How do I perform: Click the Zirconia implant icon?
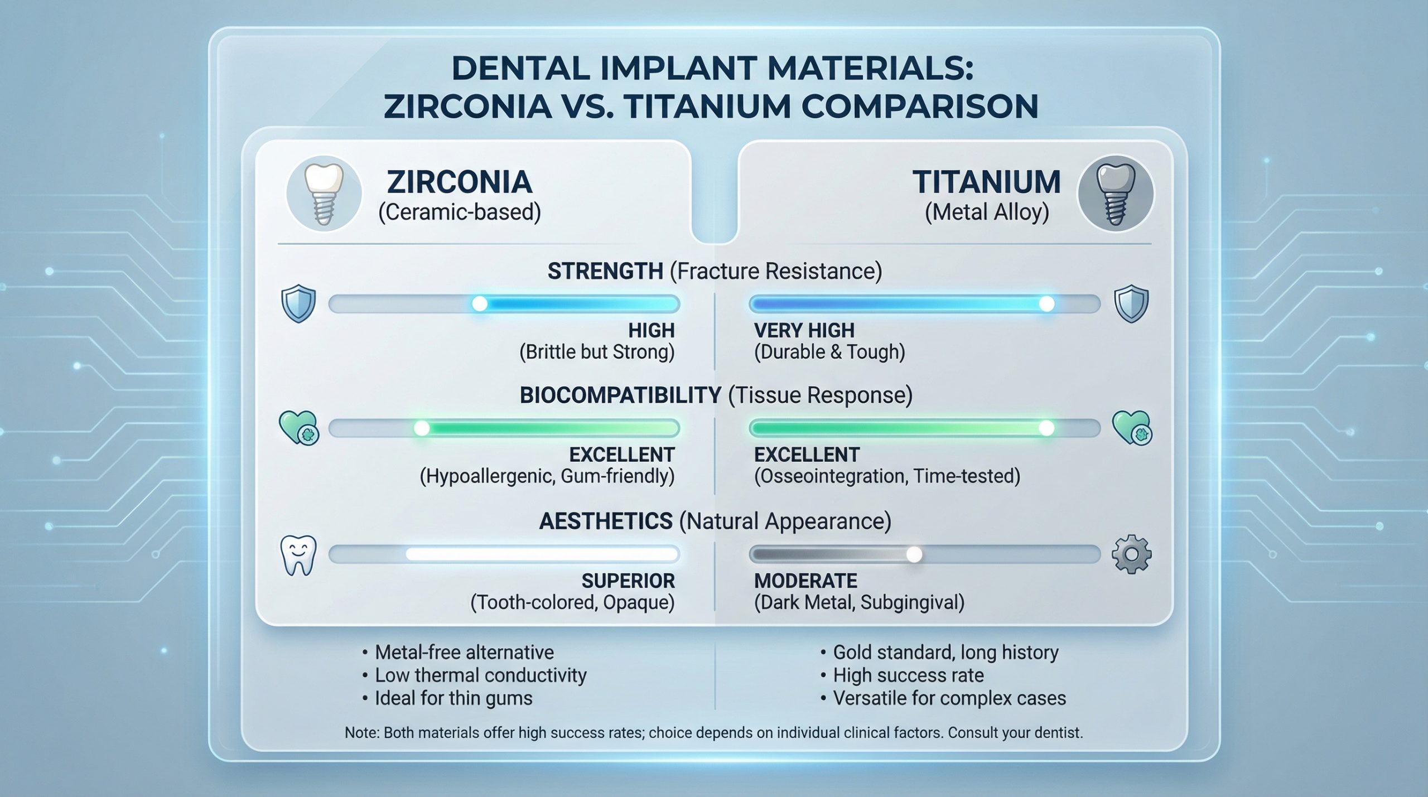[x=324, y=194]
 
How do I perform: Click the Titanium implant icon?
[x=1115, y=194]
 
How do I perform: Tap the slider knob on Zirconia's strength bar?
[x=480, y=304]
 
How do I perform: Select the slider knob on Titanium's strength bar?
[x=1047, y=304]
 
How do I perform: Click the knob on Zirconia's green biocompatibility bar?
[x=422, y=428]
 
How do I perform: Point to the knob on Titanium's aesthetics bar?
[x=914, y=554]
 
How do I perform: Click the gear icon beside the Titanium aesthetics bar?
[x=1131, y=554]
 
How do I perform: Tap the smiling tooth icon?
[x=298, y=556]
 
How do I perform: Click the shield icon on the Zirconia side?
[x=298, y=303]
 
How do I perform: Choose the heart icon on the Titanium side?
[x=1132, y=428]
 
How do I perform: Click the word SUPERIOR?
[x=628, y=581]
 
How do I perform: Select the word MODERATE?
[x=805, y=581]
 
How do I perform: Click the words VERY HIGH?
[x=804, y=331]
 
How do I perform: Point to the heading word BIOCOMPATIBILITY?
[x=620, y=395]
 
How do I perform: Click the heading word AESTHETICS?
[x=606, y=521]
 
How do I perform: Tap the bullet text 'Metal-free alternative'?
[x=465, y=652]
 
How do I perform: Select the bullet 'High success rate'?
[x=908, y=675]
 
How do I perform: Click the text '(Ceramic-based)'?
[x=460, y=212]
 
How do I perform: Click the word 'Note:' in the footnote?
[x=362, y=733]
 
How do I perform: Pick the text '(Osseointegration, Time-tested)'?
[x=887, y=476]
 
